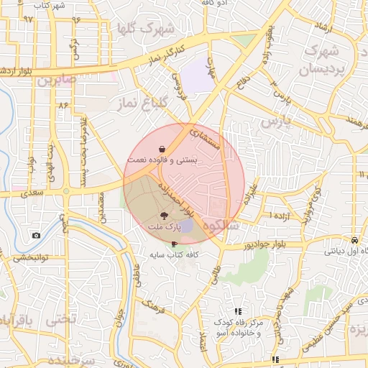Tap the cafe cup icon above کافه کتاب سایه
pos(175,244)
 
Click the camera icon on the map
pos(36,235)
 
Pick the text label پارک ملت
pos(163,228)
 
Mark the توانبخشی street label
pos(30,257)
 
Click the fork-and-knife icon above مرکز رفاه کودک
pos(237,311)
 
